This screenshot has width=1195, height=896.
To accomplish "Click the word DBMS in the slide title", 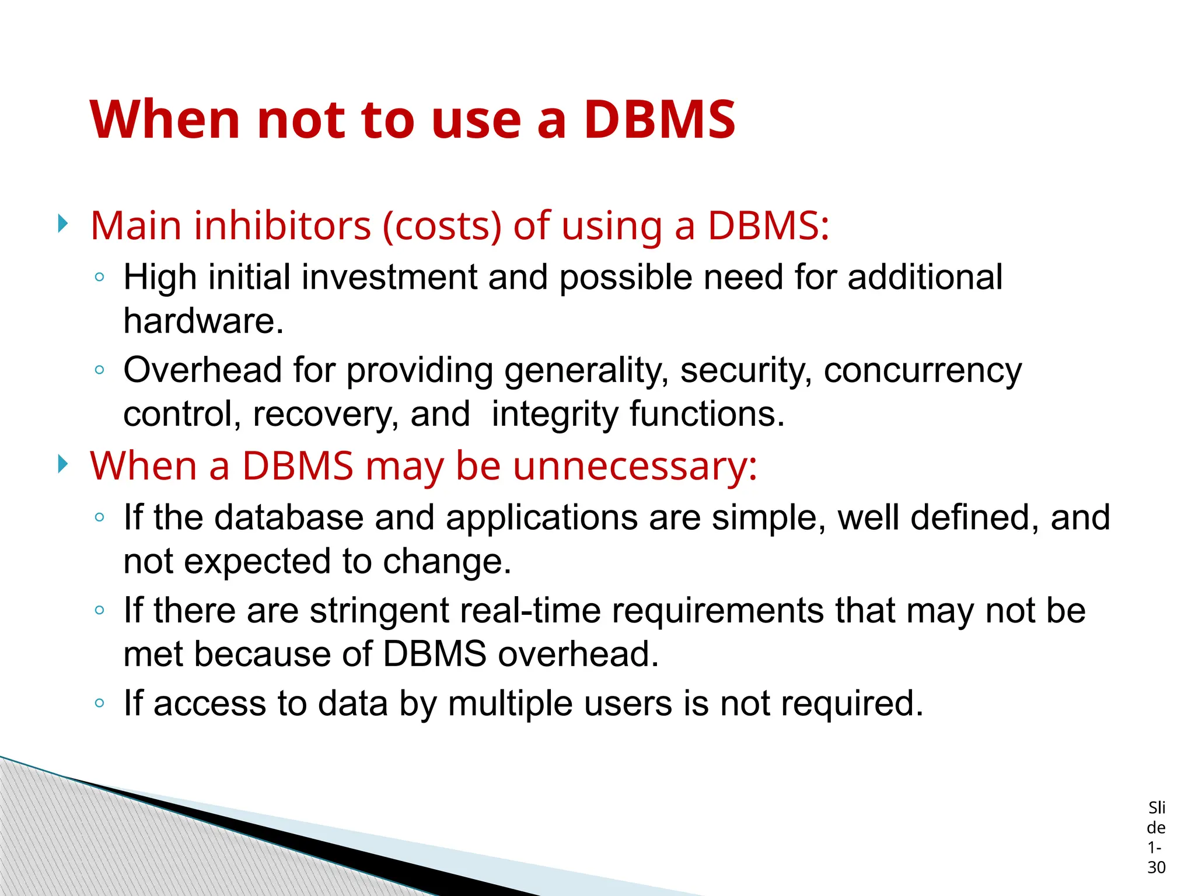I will (x=659, y=120).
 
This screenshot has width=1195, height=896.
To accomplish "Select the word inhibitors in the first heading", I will (x=282, y=226).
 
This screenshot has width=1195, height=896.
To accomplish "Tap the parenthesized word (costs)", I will (x=442, y=226).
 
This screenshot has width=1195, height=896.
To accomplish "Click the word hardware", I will (x=203, y=321).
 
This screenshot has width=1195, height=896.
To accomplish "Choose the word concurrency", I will (x=923, y=371).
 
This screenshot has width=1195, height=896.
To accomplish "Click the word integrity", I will (x=554, y=415).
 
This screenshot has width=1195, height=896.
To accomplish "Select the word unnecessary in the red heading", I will (x=635, y=466).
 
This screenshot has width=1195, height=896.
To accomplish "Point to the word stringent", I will (x=379, y=611).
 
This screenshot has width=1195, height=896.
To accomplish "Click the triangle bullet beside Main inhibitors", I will (x=63, y=223).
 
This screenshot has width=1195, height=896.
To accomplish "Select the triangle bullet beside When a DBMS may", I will (x=63, y=464).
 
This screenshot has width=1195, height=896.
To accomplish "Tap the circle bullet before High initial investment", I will (x=100, y=277).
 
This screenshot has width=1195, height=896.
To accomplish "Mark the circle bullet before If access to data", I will (x=100, y=703).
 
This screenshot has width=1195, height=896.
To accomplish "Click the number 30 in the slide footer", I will (x=1156, y=867).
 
